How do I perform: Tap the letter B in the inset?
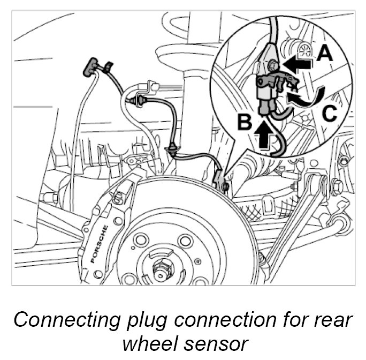coord(244,123)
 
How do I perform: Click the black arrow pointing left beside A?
coord(296,64)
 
